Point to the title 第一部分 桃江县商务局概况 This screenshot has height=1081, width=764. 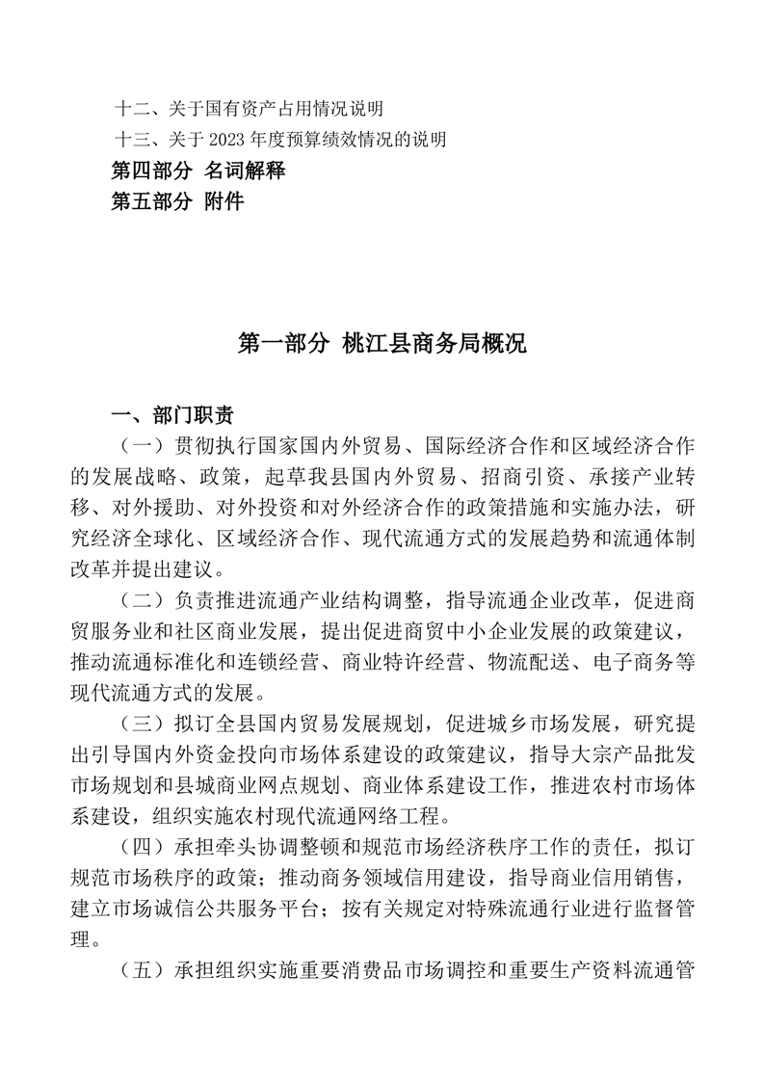(x=382, y=344)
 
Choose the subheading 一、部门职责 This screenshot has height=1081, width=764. (x=172, y=416)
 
